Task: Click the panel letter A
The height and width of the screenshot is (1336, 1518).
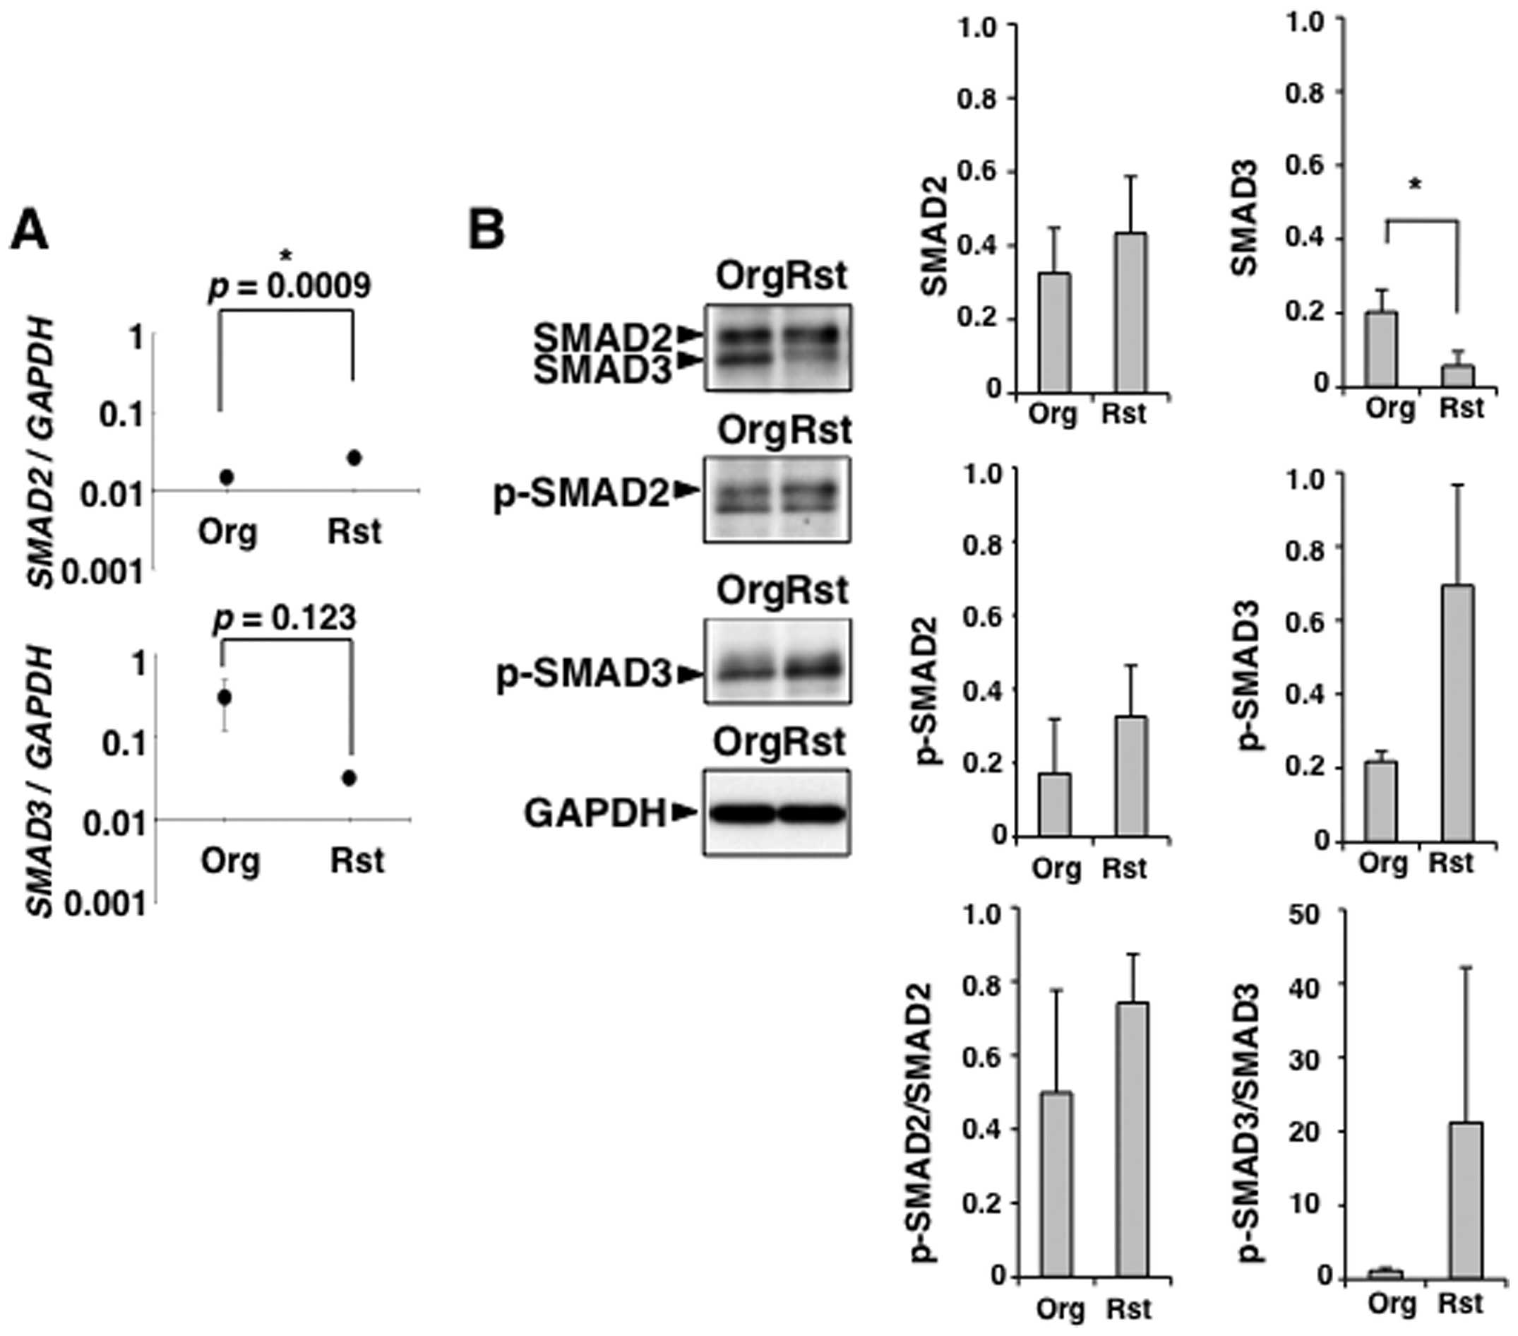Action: click(x=29, y=231)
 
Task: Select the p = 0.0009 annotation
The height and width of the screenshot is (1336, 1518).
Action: click(x=289, y=285)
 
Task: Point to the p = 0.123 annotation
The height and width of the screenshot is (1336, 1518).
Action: click(x=285, y=618)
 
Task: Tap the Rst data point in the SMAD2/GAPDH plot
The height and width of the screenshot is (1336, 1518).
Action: click(x=354, y=458)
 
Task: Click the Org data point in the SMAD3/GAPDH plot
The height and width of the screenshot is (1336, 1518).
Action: click(x=225, y=697)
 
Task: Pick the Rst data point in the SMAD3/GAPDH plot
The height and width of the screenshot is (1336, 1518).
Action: click(x=350, y=778)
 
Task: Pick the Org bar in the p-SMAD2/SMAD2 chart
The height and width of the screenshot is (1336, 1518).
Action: click(x=1056, y=1186)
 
